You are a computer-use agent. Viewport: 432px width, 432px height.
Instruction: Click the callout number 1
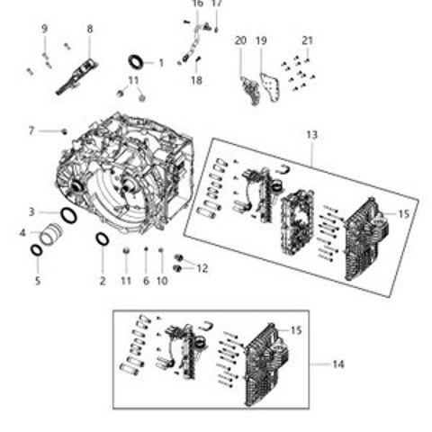pyautogui.click(x=161, y=63)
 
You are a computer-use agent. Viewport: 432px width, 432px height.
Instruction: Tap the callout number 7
pyautogui.click(x=31, y=131)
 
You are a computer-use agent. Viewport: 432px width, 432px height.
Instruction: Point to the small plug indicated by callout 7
pyautogui.click(x=64, y=131)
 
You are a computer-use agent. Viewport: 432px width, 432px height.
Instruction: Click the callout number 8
pyautogui.click(x=90, y=29)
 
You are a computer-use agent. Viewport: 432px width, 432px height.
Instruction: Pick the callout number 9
pyautogui.click(x=44, y=29)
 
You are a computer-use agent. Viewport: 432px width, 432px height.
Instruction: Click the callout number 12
pyautogui.click(x=202, y=268)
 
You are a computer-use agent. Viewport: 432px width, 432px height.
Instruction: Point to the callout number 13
pyautogui.click(x=311, y=135)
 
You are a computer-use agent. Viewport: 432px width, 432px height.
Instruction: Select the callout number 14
pyautogui.click(x=338, y=364)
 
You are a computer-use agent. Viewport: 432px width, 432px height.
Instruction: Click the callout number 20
pyautogui.click(x=240, y=40)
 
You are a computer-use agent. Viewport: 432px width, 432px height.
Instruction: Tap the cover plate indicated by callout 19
pyautogui.click(x=269, y=87)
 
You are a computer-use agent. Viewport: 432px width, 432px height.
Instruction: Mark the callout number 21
pyautogui.click(x=307, y=40)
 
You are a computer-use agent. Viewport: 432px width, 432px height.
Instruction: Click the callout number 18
pyautogui.click(x=196, y=80)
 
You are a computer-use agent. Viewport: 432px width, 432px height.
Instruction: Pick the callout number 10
pyautogui.click(x=162, y=281)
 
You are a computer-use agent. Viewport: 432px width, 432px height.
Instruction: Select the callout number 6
pyautogui.click(x=146, y=281)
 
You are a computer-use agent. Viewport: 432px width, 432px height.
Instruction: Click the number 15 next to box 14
pyautogui.click(x=296, y=330)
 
